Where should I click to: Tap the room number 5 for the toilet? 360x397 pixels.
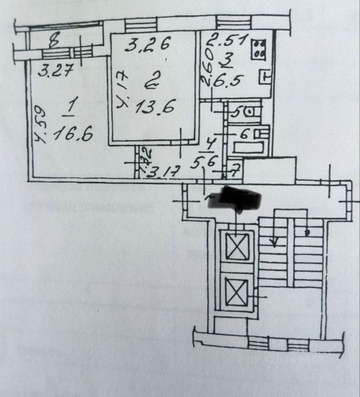click(239, 112)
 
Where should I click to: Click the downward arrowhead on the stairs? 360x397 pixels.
click(274, 243)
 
